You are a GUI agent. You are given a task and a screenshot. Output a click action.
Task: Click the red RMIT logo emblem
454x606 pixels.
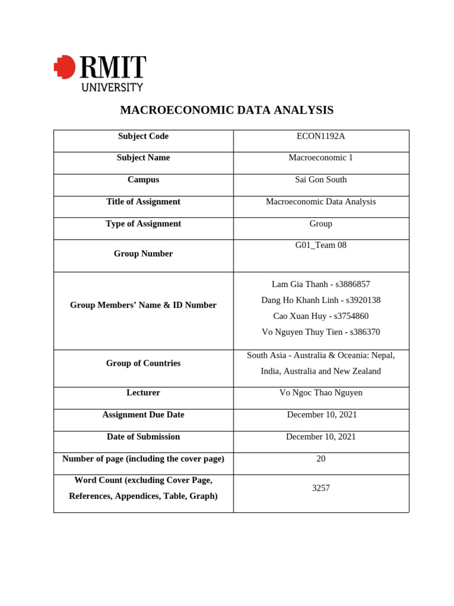pos(65,67)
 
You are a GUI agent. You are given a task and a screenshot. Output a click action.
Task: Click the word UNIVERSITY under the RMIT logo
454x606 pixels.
pos(112,87)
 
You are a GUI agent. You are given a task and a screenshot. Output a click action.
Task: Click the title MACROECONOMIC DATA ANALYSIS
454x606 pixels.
pos(226,110)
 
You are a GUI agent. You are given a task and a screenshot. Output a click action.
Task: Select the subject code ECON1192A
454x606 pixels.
pos(320,136)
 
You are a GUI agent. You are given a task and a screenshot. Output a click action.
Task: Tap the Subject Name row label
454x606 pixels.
pos(143,158)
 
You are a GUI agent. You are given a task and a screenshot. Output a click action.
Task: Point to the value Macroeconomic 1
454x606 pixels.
pos(320,158)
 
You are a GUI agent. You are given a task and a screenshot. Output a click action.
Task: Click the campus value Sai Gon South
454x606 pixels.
pos(320,180)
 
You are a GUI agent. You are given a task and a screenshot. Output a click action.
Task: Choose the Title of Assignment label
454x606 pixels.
pos(143,202)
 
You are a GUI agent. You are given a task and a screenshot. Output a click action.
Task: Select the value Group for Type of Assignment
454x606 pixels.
pos(320,224)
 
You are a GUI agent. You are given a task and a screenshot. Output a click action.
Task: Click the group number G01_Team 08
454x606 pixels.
pos(320,245)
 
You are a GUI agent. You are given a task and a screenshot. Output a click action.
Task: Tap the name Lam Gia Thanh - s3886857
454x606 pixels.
pos(320,284)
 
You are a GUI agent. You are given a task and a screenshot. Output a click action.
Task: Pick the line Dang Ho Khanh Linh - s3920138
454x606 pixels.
pos(320,300)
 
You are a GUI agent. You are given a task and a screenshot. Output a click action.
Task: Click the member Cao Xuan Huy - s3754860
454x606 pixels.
pos(320,316)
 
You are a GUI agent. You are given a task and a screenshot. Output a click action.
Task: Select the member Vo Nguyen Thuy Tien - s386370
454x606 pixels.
pos(320,332)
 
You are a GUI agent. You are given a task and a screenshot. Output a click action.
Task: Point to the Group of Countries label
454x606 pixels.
pos(143,363)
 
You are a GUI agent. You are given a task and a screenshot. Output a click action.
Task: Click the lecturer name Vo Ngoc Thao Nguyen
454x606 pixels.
pos(320,393)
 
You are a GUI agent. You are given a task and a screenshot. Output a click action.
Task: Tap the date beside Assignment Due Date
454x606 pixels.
pos(322,415)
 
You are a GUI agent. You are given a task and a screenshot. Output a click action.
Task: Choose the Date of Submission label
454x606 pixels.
pos(143,437)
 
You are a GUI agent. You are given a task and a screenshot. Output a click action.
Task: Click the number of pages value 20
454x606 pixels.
pos(320,459)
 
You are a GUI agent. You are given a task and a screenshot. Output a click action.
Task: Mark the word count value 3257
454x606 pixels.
pos(320,488)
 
